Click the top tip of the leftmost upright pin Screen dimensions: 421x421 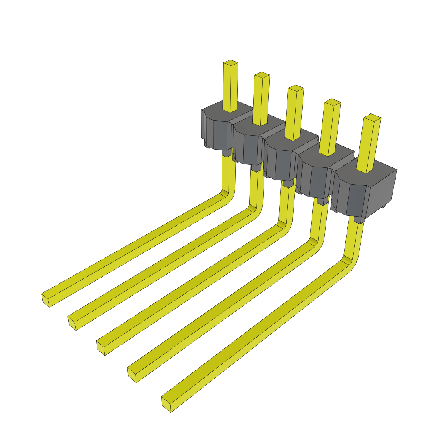(231, 63)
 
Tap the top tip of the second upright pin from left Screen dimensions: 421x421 (262, 75)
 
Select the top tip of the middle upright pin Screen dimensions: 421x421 (296, 88)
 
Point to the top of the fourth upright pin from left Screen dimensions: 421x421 (333, 102)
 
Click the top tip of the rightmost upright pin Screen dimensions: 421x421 (372, 117)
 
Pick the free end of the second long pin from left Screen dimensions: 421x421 (72, 323)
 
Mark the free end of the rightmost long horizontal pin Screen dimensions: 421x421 (167, 405)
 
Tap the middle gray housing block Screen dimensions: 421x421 (280, 158)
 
